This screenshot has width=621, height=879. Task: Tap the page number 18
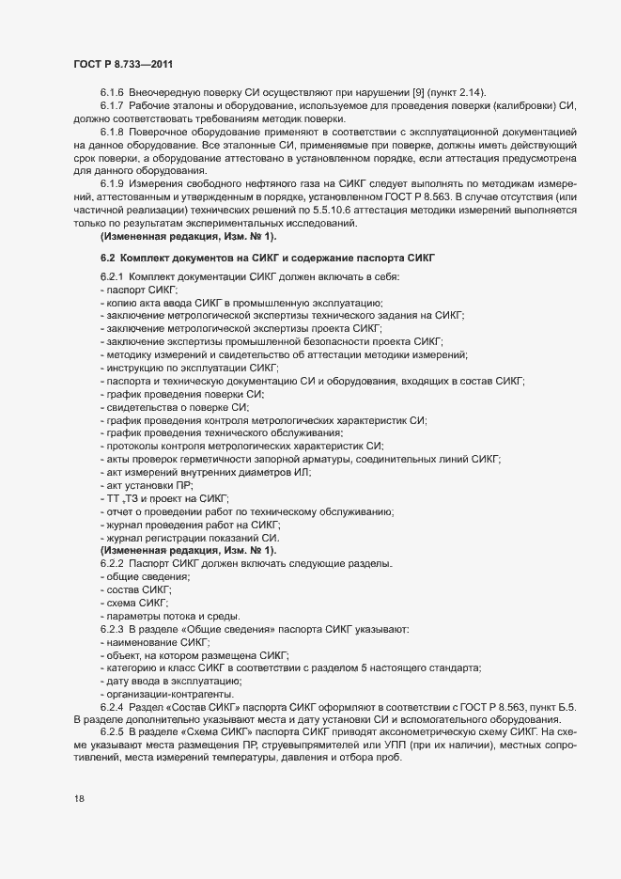(x=79, y=799)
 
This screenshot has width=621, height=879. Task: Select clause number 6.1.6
(x=114, y=91)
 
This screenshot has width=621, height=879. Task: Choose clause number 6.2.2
(x=114, y=562)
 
